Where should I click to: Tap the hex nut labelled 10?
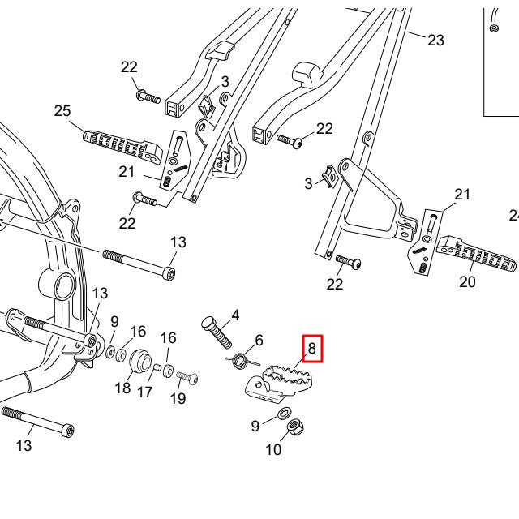click(296, 424)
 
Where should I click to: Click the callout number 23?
click(436, 40)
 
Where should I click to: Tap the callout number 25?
click(63, 111)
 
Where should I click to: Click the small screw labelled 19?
click(187, 377)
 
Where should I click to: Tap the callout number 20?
click(467, 281)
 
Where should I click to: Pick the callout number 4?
click(235, 315)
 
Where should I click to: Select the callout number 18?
click(122, 388)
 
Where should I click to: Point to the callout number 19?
click(178, 398)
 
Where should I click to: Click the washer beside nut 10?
click(286, 414)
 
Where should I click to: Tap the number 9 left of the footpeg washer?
click(255, 425)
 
